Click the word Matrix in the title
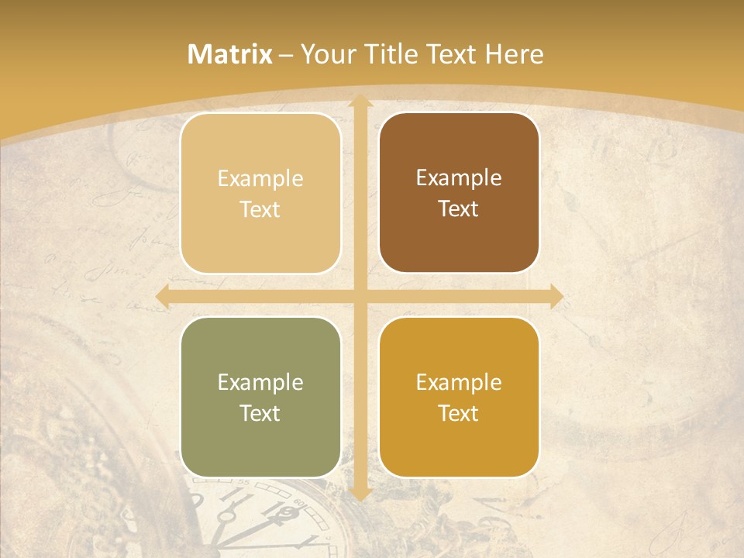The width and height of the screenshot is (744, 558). pyautogui.click(x=230, y=54)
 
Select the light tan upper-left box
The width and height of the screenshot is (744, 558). pyautogui.click(x=260, y=193)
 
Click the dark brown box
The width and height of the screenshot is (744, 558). pyautogui.click(x=459, y=193)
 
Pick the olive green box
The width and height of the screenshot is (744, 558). pyautogui.click(x=260, y=397)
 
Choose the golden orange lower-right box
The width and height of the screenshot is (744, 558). pyautogui.click(x=459, y=397)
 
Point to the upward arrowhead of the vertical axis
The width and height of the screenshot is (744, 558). pyautogui.click(x=360, y=103)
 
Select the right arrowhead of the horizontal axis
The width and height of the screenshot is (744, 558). pyautogui.click(x=556, y=296)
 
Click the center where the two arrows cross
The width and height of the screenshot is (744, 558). pyautogui.click(x=360, y=296)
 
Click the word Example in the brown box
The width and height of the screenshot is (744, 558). pyautogui.click(x=459, y=177)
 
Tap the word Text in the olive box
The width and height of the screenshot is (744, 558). pyautogui.click(x=260, y=413)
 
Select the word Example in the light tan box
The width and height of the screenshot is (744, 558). pyautogui.click(x=260, y=178)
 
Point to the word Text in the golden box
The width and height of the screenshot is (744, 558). pyautogui.click(x=459, y=413)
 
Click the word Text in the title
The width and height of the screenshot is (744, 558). pyautogui.click(x=450, y=54)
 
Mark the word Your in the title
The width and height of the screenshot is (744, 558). pyautogui.click(x=325, y=54)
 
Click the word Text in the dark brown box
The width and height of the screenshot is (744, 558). pyautogui.click(x=459, y=209)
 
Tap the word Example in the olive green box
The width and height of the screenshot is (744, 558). pyautogui.click(x=260, y=382)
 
